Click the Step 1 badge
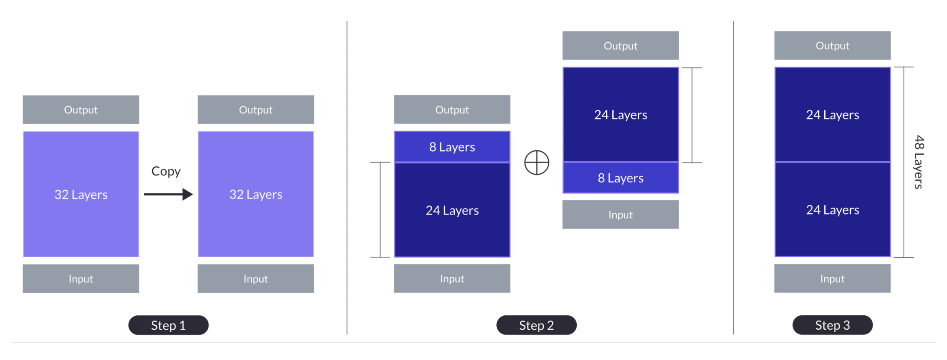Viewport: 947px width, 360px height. point(168,325)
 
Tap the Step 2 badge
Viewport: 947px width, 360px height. point(536,325)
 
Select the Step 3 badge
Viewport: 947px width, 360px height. point(832,325)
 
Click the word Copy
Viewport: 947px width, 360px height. point(166,171)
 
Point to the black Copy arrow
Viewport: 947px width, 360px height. point(168,194)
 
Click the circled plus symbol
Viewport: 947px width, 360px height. point(537,162)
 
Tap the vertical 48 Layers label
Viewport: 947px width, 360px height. point(919,162)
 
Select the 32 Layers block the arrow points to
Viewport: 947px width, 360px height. point(256,194)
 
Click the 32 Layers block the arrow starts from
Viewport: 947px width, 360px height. point(81,194)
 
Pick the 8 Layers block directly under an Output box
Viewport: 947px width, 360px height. point(452,147)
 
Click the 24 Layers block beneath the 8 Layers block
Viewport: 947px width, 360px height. point(452,210)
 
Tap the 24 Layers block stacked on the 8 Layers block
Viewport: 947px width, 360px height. point(620,115)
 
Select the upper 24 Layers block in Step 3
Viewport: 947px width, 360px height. point(832,115)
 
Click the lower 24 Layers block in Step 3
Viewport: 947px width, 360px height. point(832,210)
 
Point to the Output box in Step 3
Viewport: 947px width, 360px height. point(832,46)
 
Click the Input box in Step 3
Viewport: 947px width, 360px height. point(832,278)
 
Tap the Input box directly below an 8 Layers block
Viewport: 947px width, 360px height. point(620,215)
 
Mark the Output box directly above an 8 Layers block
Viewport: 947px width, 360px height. point(452,110)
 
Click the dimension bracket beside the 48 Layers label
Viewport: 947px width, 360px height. point(904,162)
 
